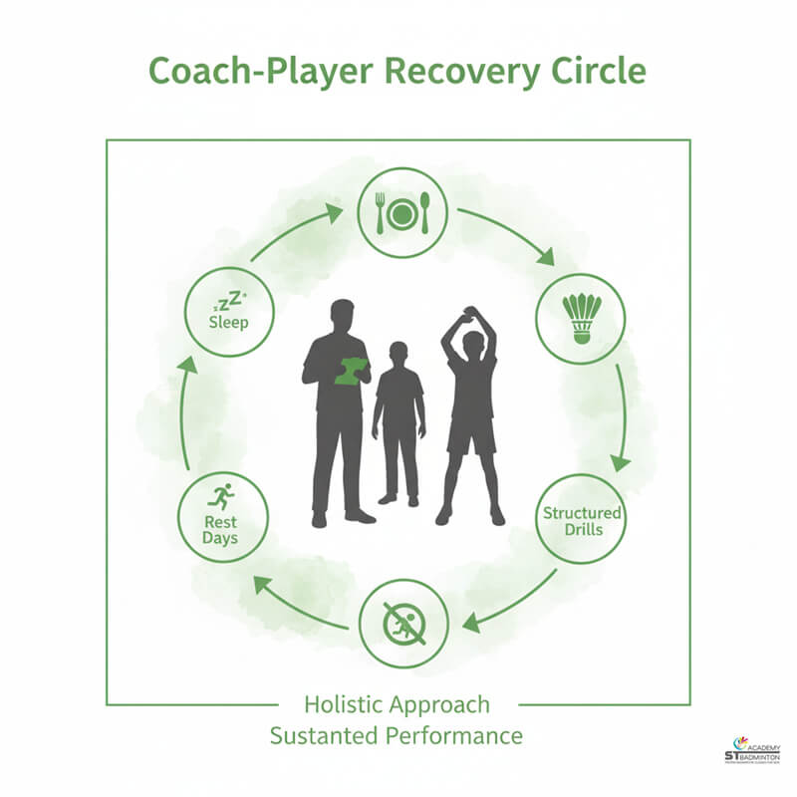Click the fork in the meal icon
pos(379,212)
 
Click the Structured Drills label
pos(582,521)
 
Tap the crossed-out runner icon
pos(402,625)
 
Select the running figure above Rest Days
pos(221,494)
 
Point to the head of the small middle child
pos(398,354)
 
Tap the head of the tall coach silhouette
pos(342,313)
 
